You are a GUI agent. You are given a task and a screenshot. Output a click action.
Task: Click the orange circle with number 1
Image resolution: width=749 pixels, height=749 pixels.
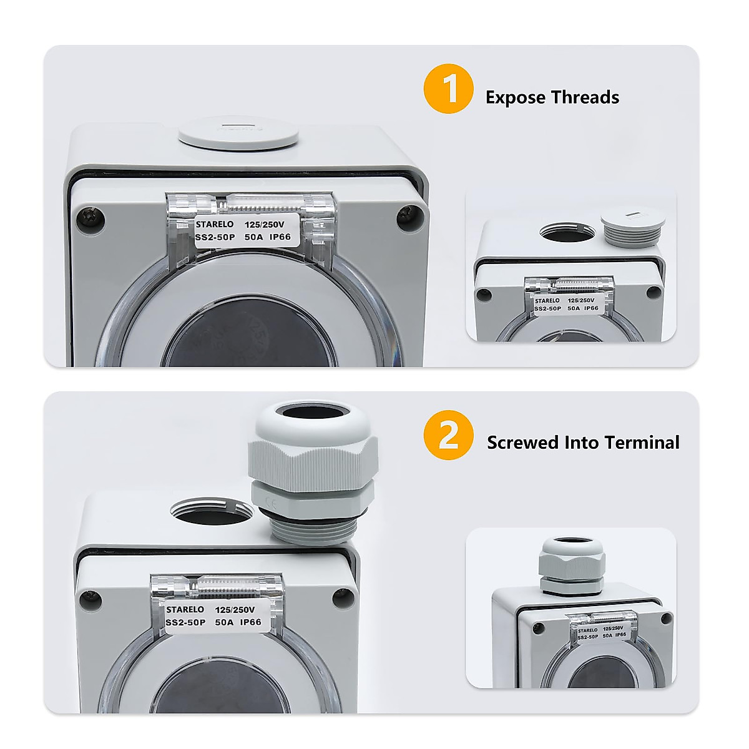tap(448, 89)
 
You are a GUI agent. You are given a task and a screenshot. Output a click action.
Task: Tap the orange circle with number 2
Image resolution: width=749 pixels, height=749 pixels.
tap(448, 435)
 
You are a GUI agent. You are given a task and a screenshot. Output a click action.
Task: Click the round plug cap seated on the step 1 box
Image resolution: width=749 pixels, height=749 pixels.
tap(238, 135)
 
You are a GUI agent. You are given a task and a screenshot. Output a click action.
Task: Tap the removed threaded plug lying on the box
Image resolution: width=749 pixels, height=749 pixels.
tap(629, 228)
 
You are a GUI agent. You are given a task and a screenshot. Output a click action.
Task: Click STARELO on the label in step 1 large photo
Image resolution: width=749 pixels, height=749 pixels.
tap(215, 224)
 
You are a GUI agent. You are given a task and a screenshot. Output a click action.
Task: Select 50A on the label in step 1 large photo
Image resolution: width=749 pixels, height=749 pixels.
tap(253, 237)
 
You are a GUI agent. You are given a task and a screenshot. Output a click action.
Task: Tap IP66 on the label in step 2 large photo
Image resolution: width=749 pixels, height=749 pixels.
tap(250, 622)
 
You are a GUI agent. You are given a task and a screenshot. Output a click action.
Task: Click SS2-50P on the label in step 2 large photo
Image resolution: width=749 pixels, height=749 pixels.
tap(185, 622)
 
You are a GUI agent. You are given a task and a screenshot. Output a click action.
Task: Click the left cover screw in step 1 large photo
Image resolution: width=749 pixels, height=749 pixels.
tap(84, 218)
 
